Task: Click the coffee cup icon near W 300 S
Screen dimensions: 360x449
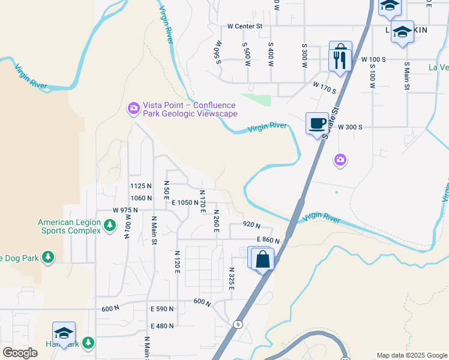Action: click(x=318, y=124)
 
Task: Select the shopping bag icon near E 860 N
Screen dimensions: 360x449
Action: click(x=263, y=260)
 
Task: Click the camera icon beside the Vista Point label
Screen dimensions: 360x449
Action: click(x=133, y=109)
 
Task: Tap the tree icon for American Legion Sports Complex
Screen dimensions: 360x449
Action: click(x=109, y=225)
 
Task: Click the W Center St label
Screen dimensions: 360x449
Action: click(x=245, y=26)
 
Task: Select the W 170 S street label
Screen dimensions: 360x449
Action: click(x=324, y=88)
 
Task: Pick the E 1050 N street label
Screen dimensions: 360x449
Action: click(x=184, y=203)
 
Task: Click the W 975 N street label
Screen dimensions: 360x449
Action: click(x=125, y=211)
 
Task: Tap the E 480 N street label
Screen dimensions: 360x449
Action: click(x=162, y=326)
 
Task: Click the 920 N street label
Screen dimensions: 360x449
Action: click(x=252, y=225)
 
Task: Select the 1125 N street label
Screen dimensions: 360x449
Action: click(x=141, y=186)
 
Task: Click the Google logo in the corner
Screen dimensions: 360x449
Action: click(x=20, y=353)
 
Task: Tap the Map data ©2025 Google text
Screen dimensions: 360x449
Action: click(x=411, y=355)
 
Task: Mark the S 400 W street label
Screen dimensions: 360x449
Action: click(x=271, y=53)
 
